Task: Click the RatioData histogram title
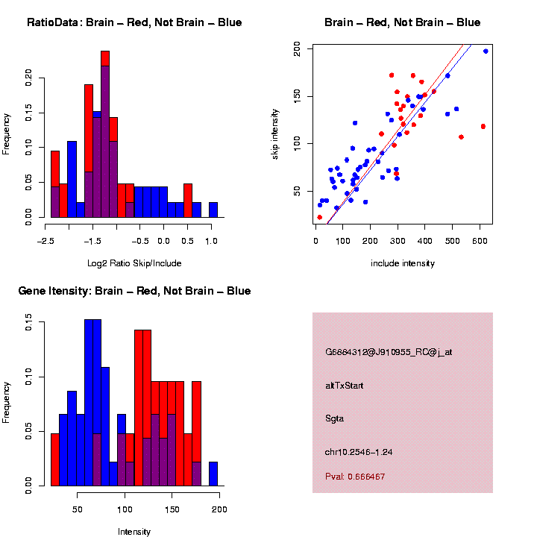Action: (x=134, y=22)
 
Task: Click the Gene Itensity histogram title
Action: (x=134, y=291)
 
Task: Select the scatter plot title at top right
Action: (x=403, y=22)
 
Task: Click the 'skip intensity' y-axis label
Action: (x=275, y=134)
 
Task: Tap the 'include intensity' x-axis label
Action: (x=403, y=263)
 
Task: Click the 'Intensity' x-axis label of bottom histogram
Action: (x=134, y=532)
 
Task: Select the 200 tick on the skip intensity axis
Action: (x=297, y=48)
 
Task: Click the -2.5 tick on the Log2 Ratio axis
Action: (x=45, y=242)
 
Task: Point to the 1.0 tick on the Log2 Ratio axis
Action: (x=211, y=242)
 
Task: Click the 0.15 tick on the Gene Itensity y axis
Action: (x=28, y=322)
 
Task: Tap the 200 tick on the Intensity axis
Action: (x=219, y=510)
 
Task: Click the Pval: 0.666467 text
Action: (x=355, y=477)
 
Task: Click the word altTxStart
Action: (x=345, y=386)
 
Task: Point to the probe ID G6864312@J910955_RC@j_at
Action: (x=388, y=352)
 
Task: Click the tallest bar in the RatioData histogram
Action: (x=105, y=134)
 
